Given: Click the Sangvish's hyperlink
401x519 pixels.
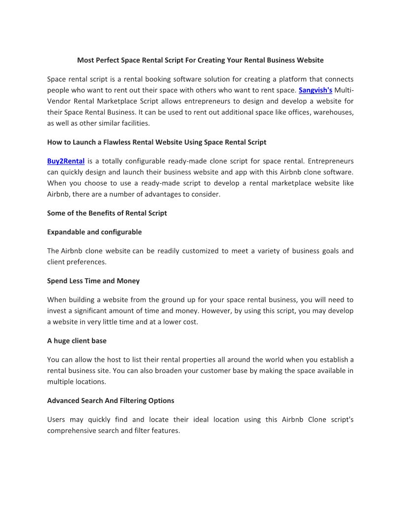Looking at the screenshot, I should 315,90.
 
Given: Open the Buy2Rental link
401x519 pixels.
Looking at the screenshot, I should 66,161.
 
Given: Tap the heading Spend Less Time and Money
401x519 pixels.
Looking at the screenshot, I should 93,281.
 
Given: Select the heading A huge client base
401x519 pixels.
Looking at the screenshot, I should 77,341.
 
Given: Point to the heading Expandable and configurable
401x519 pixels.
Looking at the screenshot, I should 94,231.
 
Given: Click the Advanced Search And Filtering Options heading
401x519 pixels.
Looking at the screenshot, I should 111,401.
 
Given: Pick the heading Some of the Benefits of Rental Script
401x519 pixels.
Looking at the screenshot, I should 107,213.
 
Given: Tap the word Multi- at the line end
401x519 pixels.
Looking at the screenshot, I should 344,90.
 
